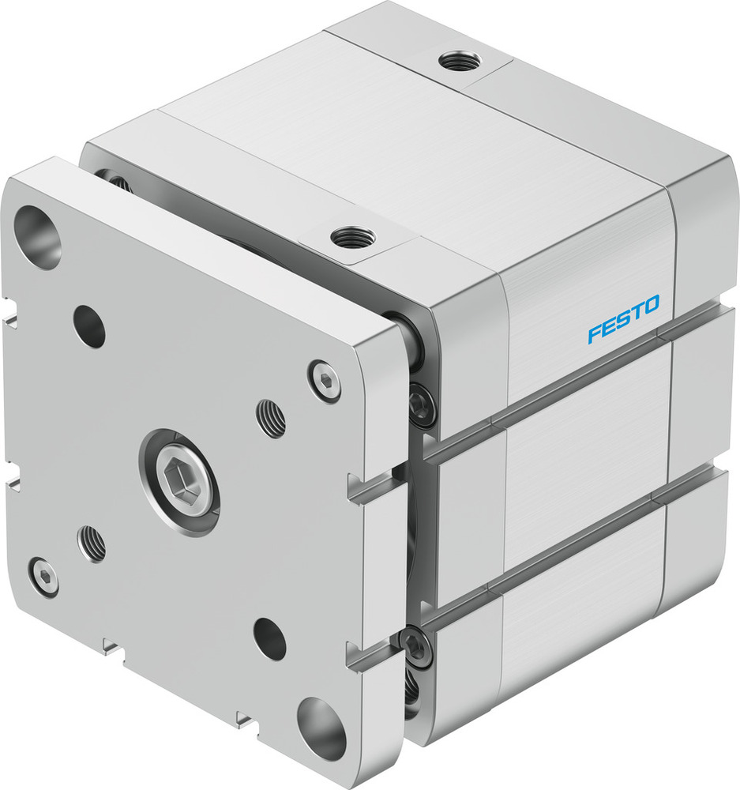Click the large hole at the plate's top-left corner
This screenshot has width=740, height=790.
[38, 236]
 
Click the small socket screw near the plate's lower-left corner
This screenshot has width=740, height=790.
[43, 576]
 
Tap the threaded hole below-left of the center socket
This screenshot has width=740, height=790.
[92, 543]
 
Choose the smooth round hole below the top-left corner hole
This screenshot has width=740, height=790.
[89, 325]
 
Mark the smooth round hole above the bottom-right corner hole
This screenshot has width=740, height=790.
[269, 638]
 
